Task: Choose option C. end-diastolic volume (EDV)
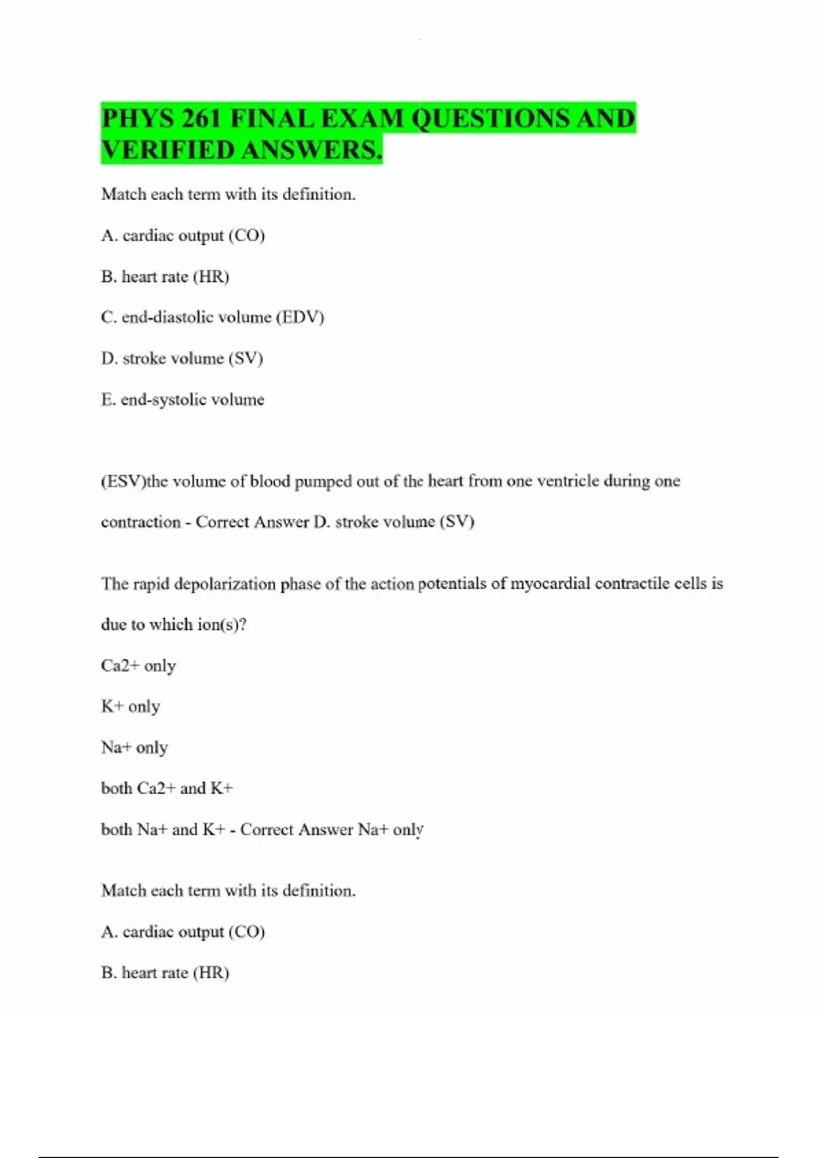[212, 317]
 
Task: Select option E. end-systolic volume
[182, 400]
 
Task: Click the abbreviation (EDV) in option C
[300, 317]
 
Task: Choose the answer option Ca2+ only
[138, 666]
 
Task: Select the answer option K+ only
[130, 706]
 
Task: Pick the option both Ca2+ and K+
[167, 789]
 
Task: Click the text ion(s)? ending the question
[222, 625]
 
